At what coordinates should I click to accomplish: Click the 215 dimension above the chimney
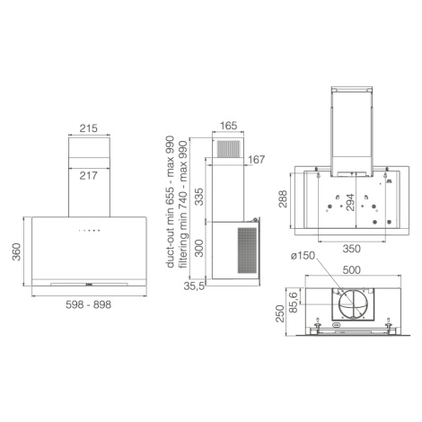pos(89,128)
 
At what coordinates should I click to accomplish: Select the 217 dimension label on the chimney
pos(89,175)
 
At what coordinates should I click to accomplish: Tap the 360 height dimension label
pos(16,251)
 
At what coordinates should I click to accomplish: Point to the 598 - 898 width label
pos(89,304)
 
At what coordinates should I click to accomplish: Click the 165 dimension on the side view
pos(228,126)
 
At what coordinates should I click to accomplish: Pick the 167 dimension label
pos(257,160)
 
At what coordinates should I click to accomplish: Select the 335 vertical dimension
pos(199,197)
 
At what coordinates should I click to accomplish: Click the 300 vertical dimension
pos(199,248)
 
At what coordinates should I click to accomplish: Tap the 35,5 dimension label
pos(194,286)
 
